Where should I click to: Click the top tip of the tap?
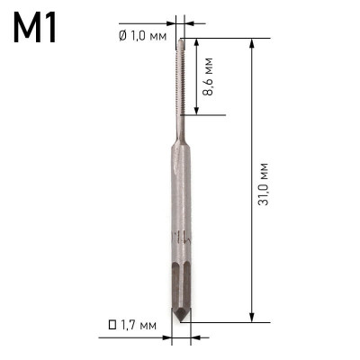182,40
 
